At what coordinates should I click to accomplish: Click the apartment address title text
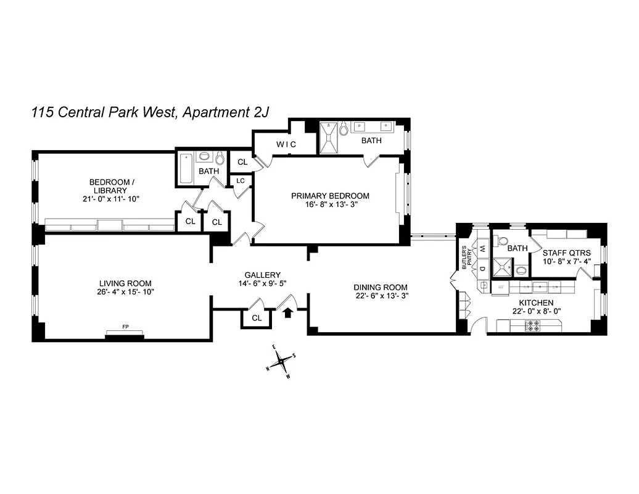click(x=150, y=113)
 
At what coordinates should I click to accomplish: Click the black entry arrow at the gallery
click(x=287, y=313)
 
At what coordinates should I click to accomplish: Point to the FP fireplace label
click(x=125, y=327)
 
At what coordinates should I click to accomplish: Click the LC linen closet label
click(x=240, y=181)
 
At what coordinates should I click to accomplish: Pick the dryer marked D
click(x=483, y=270)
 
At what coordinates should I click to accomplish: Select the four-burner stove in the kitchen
click(x=532, y=325)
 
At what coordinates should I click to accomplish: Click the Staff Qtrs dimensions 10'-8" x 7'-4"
click(x=566, y=261)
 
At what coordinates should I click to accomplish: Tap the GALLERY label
click(x=262, y=275)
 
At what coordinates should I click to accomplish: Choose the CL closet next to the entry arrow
click(x=257, y=318)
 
